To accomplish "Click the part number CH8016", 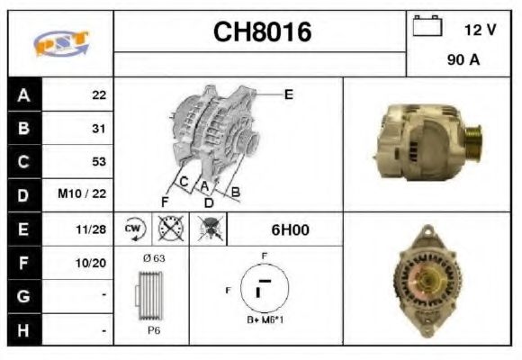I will [262, 32].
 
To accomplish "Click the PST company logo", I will [60, 43].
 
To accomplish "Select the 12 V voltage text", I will [480, 30].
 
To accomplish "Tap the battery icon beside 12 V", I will [427, 27].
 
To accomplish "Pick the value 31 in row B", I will [99, 129].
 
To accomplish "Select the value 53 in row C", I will [99, 162].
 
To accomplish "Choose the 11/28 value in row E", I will [93, 229].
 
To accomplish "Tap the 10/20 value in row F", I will [93, 264].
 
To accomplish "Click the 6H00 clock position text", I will [290, 230].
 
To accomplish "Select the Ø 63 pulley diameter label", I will [153, 258].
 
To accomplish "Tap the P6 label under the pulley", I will [154, 330].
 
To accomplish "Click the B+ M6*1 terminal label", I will [265, 320].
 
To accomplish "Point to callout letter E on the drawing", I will [288, 94].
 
